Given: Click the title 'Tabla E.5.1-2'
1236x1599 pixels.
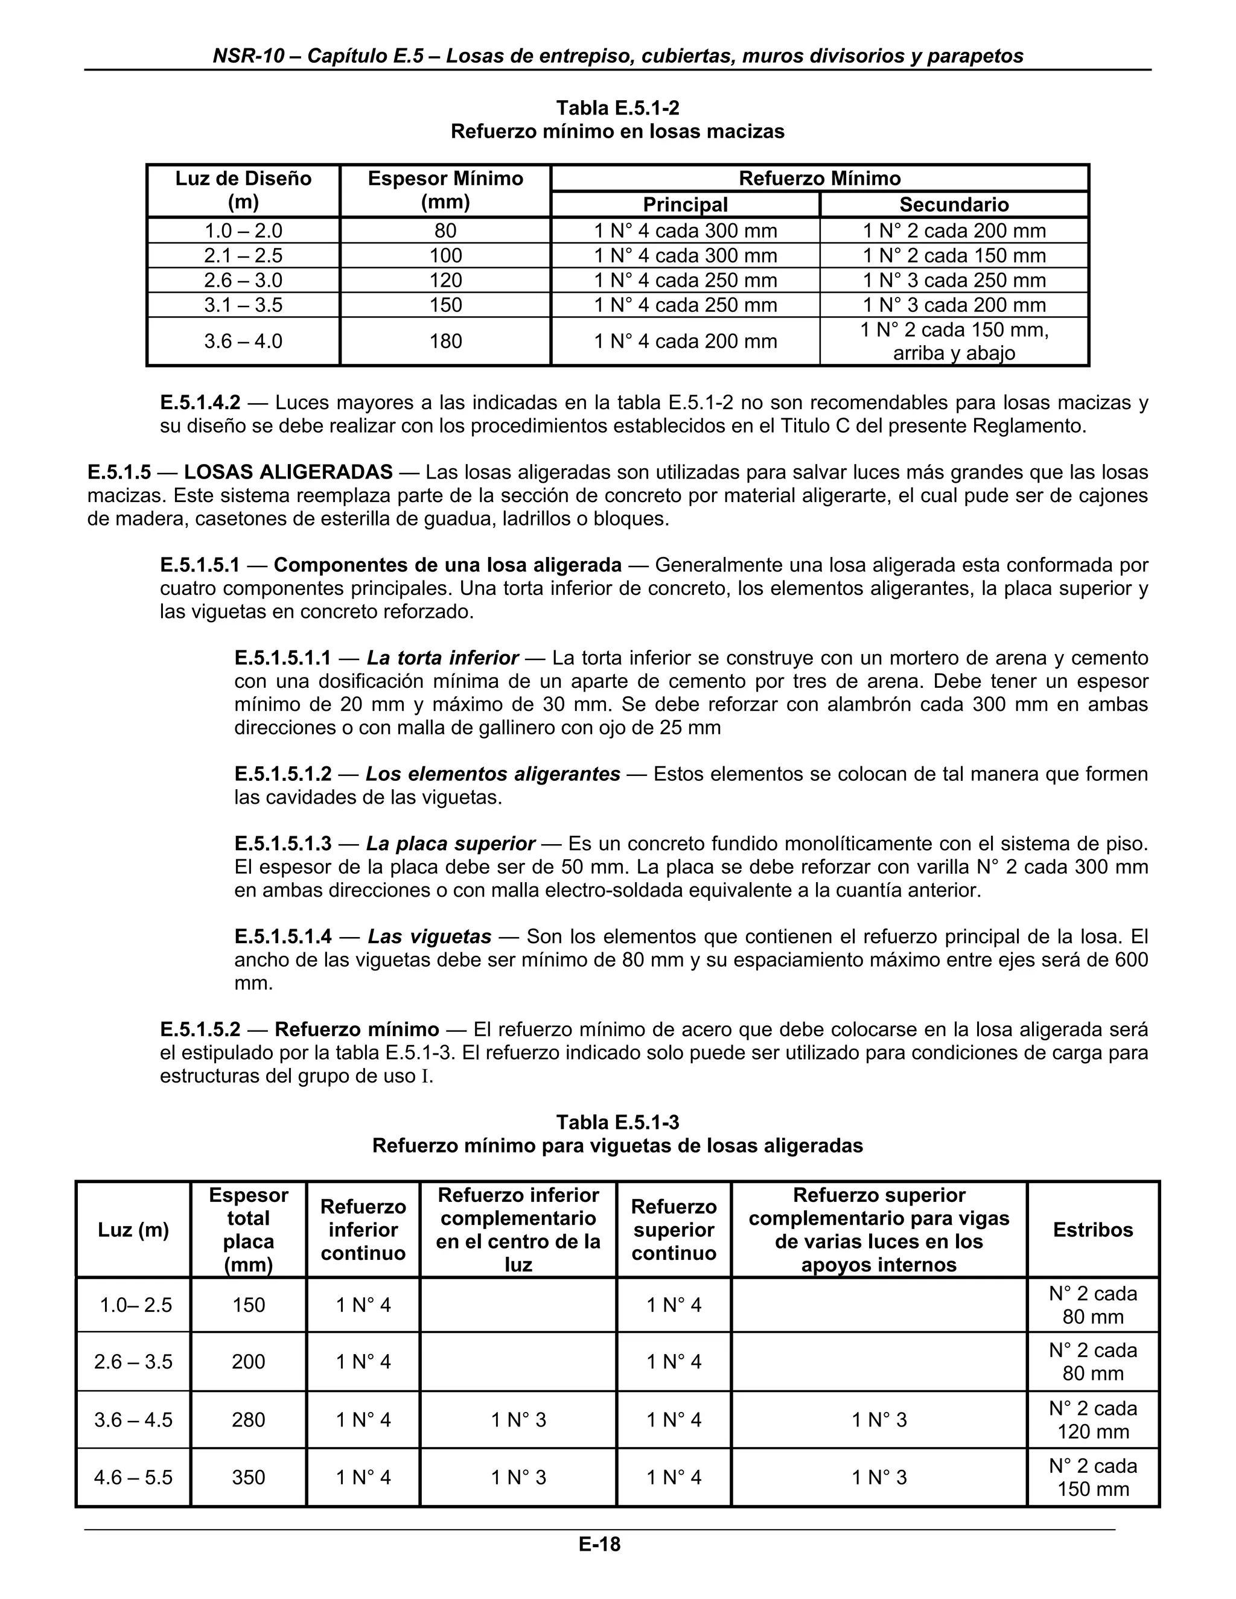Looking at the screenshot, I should coord(617,109).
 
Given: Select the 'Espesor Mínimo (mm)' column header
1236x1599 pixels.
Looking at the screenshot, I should coord(445,190).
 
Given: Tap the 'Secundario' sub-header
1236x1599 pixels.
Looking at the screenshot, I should coord(954,205).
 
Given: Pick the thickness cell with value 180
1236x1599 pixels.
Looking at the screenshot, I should coord(445,341).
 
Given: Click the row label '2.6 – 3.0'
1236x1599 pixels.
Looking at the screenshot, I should coord(243,281).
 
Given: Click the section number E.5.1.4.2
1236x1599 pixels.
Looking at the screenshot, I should coord(200,402).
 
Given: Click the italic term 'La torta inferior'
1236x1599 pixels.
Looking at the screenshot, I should coord(442,658).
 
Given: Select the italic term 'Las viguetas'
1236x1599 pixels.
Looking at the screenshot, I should coord(429,936).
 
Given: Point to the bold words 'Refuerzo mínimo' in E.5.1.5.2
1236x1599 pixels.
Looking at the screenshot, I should coord(357,1029).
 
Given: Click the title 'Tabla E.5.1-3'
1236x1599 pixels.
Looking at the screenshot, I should coord(617,1122).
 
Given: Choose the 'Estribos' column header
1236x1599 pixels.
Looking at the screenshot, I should coord(1092,1230).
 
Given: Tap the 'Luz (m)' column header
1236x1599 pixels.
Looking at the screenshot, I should coord(133,1230).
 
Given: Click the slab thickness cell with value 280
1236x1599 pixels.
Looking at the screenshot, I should coord(248,1420).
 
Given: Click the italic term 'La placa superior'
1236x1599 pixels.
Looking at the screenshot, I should coord(450,844).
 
